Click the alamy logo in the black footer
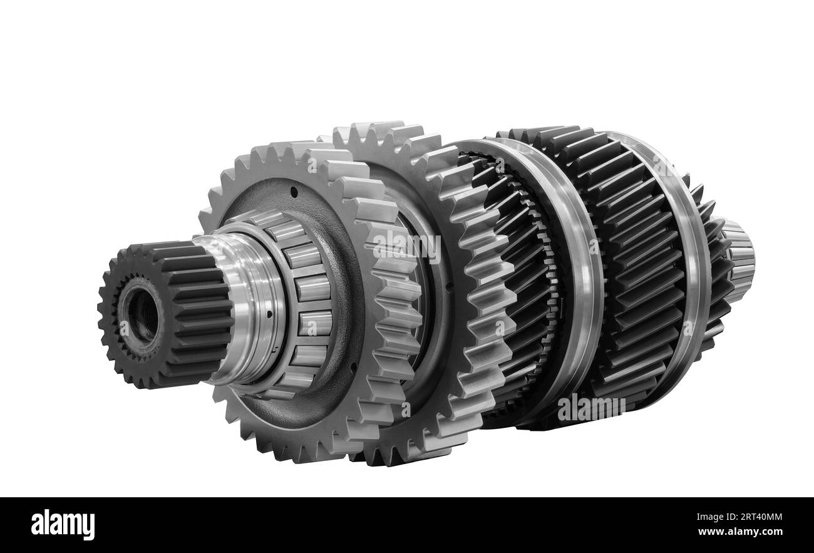coord(63,525)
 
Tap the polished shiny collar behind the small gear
coord(247,307)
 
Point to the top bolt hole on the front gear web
coord(292,187)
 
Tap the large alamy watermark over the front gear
coord(407,246)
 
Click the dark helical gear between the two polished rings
coord(632,269)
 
